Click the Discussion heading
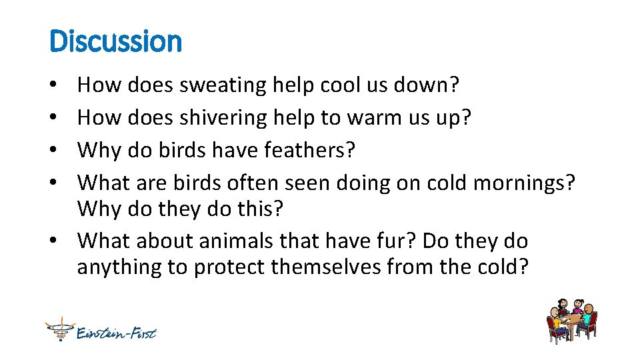coord(115,41)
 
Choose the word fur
coord(400,240)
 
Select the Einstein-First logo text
coord(116,331)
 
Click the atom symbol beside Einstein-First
coord(59,328)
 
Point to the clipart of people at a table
coord(571,319)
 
